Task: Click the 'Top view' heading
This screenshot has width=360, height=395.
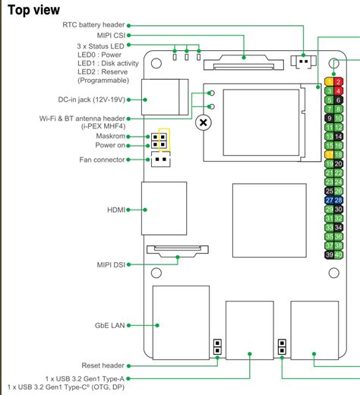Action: click(x=33, y=11)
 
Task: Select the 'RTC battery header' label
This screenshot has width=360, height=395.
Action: click(x=93, y=25)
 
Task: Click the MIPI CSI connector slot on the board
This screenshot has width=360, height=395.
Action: click(x=243, y=61)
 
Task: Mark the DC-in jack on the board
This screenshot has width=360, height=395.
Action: click(x=164, y=96)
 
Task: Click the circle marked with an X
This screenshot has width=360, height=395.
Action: click(x=203, y=122)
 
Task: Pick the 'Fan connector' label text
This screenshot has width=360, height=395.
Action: click(x=103, y=160)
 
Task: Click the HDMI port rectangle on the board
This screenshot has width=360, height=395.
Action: click(x=163, y=208)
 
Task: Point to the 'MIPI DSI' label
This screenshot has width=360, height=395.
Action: click(x=108, y=264)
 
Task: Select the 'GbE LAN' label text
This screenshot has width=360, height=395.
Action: click(x=109, y=325)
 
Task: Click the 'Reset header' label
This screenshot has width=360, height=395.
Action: click(x=103, y=365)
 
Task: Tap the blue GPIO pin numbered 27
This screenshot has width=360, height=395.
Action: click(x=329, y=199)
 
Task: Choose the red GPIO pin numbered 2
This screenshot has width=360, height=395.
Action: click(x=339, y=81)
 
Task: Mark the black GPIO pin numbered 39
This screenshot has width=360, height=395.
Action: click(x=329, y=255)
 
